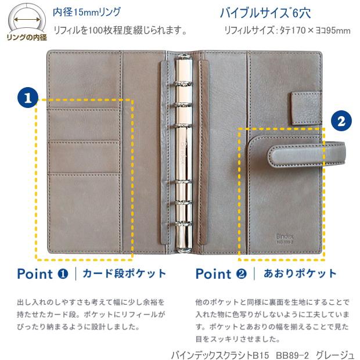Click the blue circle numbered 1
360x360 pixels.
pyautogui.click(x=28, y=97)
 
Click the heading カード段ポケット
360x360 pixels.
pyautogui.click(x=124, y=273)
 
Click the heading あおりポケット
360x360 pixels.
pyautogui.click(x=300, y=273)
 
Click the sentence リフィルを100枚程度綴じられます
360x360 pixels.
pyautogui.click(x=120, y=30)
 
